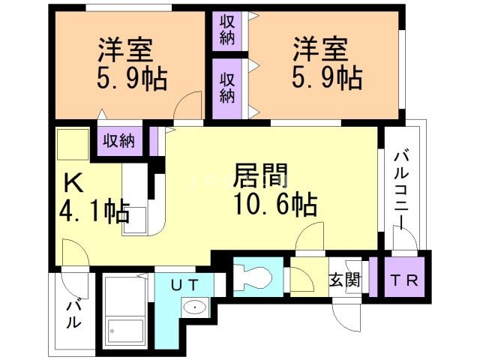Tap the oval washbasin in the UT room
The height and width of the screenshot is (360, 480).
[x=195, y=307]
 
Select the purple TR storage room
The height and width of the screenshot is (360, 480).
[x=404, y=277]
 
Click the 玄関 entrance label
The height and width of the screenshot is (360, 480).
[x=345, y=280]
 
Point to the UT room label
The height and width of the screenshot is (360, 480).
[x=184, y=286]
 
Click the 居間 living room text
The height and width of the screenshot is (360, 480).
[x=261, y=175]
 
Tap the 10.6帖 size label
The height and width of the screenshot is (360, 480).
[x=275, y=204]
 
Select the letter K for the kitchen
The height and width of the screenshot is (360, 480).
[x=73, y=182]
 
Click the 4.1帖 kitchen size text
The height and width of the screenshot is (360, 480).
[x=94, y=211]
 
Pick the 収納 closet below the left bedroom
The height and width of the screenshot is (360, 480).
[x=118, y=142]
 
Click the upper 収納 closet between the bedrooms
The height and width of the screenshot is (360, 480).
[x=227, y=31]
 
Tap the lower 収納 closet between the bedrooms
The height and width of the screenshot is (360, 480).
[x=227, y=88]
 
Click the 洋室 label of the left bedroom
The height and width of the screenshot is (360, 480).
[x=125, y=50]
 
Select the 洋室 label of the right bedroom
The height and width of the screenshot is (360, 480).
[x=320, y=50]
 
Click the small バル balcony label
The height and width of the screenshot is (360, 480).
[x=73, y=315]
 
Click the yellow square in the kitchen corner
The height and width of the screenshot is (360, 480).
[x=73, y=144]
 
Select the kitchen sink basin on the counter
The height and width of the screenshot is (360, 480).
[x=135, y=220]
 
